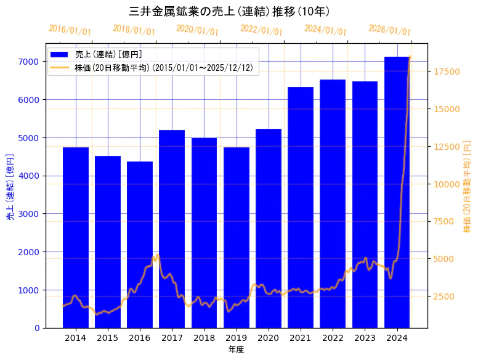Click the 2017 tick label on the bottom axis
172,338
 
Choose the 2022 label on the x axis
333,338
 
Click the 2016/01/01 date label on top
70,30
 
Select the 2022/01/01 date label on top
261,30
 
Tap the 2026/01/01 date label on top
389,30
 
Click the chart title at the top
229,12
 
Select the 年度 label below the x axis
236,350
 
